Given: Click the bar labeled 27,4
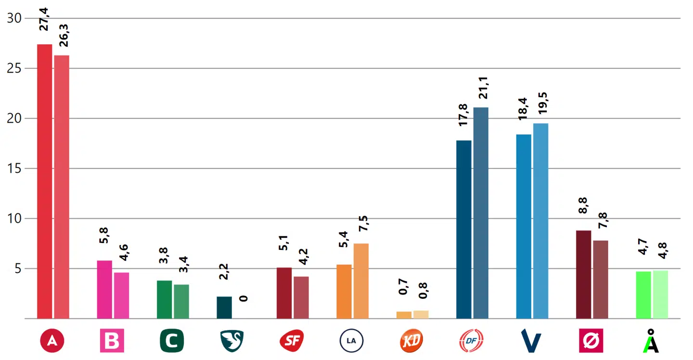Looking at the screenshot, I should point(44,181).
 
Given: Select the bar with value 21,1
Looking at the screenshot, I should point(481,213).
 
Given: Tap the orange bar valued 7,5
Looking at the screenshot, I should point(361,281).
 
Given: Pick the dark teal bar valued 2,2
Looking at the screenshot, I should point(224,308).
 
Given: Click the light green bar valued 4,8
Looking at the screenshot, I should point(660,295).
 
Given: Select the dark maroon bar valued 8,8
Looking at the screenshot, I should point(583,274).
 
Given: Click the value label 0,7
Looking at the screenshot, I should point(403,287).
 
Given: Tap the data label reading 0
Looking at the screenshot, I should point(244,299).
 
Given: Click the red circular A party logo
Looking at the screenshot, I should point(52,341).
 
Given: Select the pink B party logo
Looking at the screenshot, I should point(112,341).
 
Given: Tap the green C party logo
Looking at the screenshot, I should point(172,341).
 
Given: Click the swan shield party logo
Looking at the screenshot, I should point(231,341).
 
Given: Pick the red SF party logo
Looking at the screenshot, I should point(292,341).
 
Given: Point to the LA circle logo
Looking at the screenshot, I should point(351,341).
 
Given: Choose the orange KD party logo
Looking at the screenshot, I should point(411,341).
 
